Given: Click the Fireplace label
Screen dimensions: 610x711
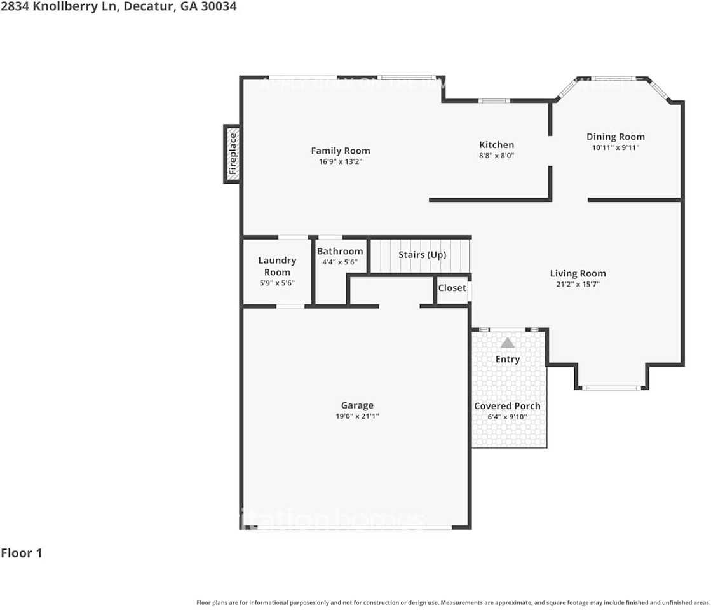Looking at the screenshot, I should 233,154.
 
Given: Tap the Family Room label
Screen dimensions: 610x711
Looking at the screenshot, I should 341,151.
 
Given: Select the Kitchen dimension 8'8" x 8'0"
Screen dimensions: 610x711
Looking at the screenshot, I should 496,155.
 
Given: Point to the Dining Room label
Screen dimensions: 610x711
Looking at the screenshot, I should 615,137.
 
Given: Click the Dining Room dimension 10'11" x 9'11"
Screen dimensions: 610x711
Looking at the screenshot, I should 615,147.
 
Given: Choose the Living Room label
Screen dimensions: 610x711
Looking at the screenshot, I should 578,274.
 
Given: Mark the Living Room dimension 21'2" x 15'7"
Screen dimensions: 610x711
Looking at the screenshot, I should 578,285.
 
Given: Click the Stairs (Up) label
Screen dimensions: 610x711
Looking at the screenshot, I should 423,255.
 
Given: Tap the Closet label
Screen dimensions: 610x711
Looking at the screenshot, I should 452,288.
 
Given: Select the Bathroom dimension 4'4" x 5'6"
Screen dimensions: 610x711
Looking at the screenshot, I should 340,262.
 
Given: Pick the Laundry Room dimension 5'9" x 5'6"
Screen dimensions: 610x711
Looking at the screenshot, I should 277,283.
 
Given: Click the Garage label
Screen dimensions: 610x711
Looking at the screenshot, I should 357,405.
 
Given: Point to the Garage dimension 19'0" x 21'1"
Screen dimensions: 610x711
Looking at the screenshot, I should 357,416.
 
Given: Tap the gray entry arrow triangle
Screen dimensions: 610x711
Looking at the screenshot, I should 507,343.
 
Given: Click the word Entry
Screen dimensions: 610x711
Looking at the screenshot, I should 508,360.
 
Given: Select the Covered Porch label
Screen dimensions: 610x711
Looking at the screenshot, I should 508,406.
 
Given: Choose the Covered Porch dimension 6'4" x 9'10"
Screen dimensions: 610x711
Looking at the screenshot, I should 508,417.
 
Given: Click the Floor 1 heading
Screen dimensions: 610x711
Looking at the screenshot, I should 22,553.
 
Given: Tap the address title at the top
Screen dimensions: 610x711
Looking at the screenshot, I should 118,8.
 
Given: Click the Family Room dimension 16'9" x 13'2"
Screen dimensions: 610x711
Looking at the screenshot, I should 341,161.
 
